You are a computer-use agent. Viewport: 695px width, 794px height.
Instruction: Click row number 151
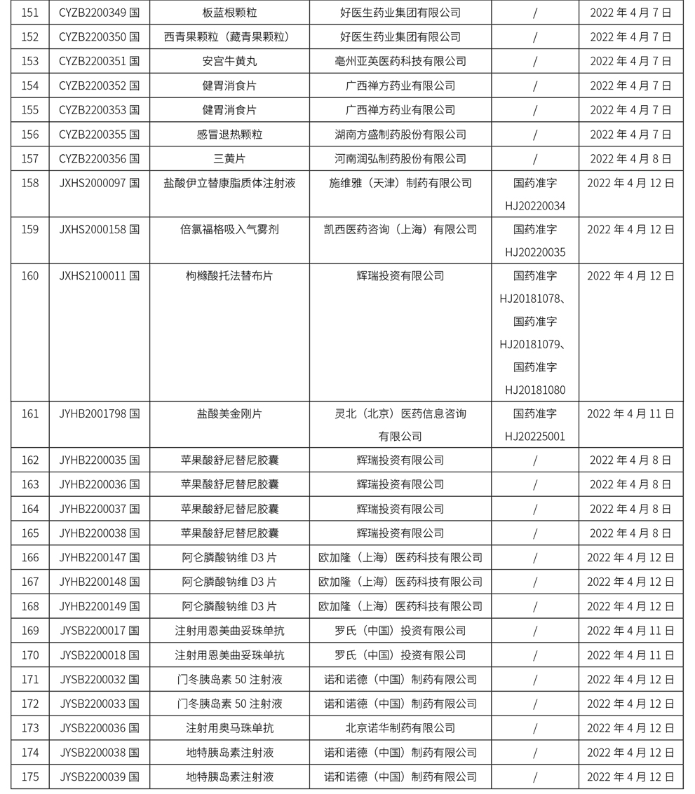29,13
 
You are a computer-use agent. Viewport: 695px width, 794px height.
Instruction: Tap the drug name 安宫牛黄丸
229,62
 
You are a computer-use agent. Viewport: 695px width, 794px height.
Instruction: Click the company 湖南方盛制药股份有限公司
400,135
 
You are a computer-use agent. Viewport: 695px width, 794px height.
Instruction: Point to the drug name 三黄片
229,159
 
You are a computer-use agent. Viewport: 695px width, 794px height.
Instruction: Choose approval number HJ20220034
534,206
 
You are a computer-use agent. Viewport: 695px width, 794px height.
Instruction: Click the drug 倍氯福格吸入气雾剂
229,230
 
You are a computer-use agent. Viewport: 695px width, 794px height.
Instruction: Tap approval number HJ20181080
534,390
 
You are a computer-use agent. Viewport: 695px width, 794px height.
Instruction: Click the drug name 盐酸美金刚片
229,414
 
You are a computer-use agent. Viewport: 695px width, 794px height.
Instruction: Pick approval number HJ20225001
534,437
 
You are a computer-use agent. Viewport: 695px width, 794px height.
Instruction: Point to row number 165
29,533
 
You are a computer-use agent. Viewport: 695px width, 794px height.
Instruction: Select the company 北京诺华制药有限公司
400,728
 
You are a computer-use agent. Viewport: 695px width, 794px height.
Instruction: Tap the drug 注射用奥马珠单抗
229,728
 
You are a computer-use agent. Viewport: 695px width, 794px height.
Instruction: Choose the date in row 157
630,159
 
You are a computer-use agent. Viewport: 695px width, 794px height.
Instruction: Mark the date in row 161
630,414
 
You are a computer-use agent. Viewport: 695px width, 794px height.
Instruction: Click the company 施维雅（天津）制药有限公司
400,184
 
